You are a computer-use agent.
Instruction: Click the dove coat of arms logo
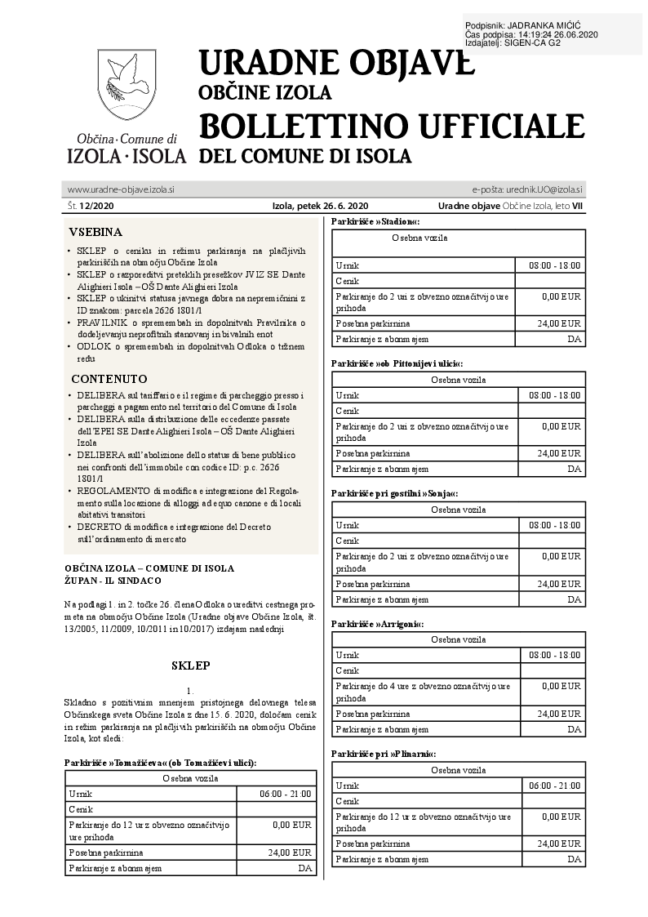point(126,85)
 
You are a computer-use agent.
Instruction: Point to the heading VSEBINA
point(95,232)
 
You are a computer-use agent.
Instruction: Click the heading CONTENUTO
point(109,379)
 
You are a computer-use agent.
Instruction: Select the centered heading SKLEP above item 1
point(191,665)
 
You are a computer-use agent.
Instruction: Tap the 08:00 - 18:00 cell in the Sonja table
point(555,525)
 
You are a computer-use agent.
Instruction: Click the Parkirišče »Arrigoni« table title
point(377,624)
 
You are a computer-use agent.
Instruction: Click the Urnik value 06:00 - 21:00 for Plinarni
point(555,786)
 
